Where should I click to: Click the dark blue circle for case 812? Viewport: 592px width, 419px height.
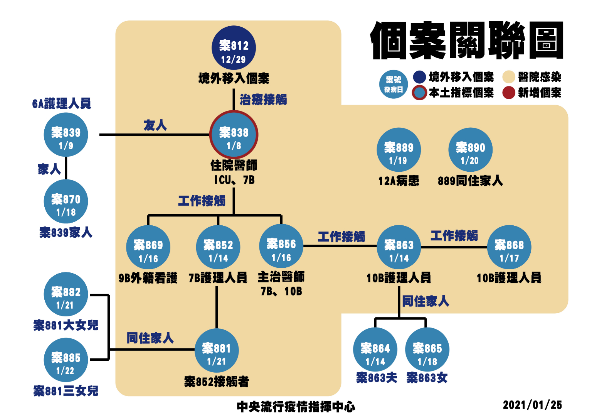coord(234,48)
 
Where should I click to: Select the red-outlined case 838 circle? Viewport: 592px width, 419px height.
coord(234,135)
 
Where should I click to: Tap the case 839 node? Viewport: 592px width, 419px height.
coord(66,135)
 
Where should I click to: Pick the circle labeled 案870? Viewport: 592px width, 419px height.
coord(66,201)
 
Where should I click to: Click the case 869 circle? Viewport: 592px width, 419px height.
coord(148,247)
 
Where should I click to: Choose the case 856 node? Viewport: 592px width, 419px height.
coord(281,246)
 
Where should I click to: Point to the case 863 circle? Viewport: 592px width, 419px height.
coord(399,247)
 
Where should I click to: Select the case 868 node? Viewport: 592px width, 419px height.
coord(509,247)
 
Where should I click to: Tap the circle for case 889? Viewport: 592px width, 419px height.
coord(399,150)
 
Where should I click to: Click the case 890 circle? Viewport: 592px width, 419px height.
coord(470,150)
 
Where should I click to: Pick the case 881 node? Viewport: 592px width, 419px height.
coord(216,351)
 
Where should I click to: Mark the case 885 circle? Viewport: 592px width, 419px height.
coord(66,360)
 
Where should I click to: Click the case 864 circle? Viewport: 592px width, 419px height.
coord(375,350)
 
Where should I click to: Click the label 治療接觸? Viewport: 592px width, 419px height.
coord(263,100)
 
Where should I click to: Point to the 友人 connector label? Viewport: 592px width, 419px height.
coord(155,125)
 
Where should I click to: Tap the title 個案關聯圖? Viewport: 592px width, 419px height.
coord(467,41)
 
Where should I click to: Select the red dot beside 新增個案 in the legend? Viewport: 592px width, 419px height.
coord(509,93)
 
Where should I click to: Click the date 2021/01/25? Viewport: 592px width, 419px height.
coord(532,405)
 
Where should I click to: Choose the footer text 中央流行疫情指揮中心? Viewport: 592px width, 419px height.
coord(296,407)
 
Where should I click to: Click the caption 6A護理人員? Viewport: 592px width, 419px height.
coord(62,103)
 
